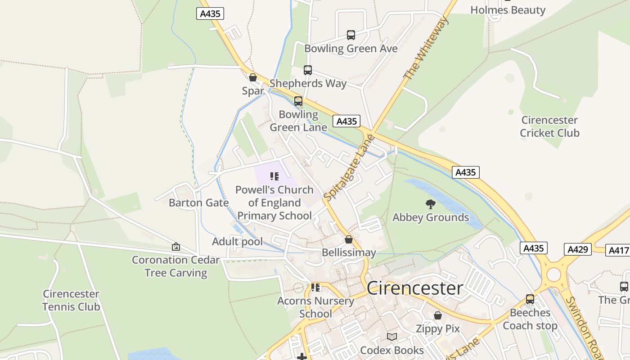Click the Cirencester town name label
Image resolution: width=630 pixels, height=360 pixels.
tap(415, 288)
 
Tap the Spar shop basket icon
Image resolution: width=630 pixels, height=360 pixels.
tap(253, 77)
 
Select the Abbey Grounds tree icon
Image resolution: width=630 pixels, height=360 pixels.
tap(431, 204)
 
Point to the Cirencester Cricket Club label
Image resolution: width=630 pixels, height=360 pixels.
tap(549, 126)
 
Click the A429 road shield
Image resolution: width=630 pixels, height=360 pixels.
tap(577, 249)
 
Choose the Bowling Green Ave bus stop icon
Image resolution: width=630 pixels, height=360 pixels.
tap(351, 35)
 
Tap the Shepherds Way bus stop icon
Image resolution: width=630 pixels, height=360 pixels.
tap(308, 70)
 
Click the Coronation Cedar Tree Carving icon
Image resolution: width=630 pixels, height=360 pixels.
tap(176, 247)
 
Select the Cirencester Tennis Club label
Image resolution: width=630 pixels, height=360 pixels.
tap(71, 300)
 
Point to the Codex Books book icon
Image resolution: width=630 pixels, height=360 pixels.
tap(392, 337)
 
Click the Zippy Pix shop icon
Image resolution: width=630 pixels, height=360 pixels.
tap(437, 316)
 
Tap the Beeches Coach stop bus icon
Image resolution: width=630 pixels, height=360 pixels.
tap(530, 299)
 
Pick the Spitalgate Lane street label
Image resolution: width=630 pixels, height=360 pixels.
tap(349, 168)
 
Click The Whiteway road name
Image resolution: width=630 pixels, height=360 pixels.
tap(426, 49)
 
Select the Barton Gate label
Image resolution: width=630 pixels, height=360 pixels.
tap(198, 202)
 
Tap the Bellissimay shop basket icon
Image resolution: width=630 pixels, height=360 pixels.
tap(348, 239)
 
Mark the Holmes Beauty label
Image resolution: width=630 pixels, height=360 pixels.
tap(508, 10)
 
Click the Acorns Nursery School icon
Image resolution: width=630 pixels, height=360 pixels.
tap(315, 287)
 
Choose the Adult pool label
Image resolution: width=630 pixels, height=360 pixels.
tap(237, 242)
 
